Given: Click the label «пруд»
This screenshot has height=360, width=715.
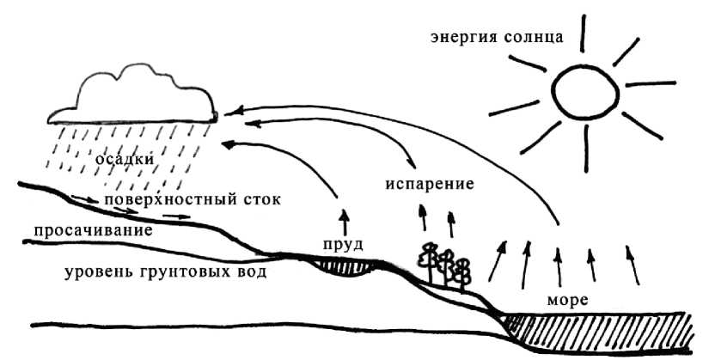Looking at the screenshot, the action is pyautogui.click(x=341, y=244).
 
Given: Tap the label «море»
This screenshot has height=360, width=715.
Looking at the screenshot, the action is pyautogui.click(x=567, y=302).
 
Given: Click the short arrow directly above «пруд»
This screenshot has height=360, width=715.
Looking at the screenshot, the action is pyautogui.click(x=344, y=219).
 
